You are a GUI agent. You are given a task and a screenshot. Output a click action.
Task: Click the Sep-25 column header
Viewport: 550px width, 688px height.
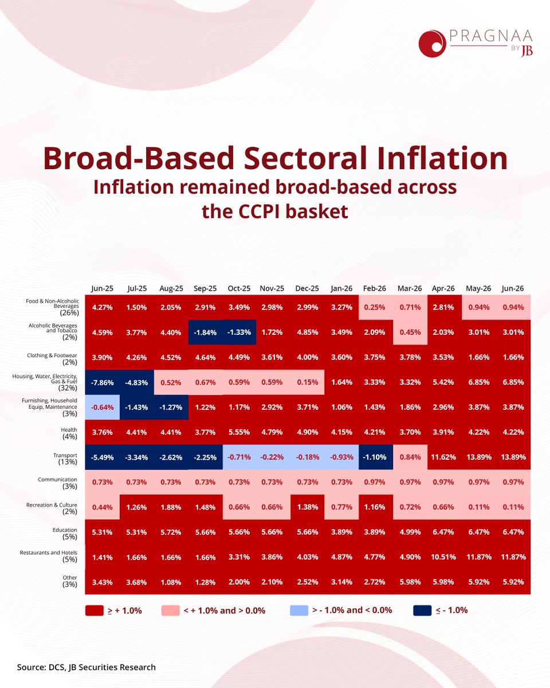click(x=205, y=288)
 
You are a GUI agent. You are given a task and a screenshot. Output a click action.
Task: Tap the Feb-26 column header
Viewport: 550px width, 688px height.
click(x=374, y=288)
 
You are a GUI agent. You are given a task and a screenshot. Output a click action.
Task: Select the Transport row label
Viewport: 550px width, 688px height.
click(x=65, y=458)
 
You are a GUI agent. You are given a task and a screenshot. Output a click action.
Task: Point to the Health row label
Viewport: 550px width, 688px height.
click(x=69, y=433)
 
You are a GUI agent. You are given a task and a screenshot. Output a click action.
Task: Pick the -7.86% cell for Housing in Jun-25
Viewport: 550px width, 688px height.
click(x=103, y=382)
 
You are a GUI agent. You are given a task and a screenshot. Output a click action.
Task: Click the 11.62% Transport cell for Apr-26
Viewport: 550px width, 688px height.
click(x=443, y=457)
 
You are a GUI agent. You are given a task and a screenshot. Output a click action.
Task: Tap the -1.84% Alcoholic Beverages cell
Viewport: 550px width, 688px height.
click(x=205, y=333)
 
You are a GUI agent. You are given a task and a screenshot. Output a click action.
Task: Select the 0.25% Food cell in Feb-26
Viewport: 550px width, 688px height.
click(x=374, y=307)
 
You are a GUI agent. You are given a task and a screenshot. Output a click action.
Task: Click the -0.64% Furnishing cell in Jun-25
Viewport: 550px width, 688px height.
click(x=103, y=407)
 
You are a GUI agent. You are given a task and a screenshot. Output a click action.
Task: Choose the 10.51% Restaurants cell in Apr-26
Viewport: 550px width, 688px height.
click(x=443, y=557)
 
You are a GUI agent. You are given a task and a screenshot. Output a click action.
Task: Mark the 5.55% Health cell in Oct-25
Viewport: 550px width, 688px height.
click(x=239, y=432)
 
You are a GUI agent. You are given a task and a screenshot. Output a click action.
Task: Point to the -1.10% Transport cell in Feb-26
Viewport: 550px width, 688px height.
click(x=374, y=457)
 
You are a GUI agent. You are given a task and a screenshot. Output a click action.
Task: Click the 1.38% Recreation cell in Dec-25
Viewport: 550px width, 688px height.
click(x=307, y=507)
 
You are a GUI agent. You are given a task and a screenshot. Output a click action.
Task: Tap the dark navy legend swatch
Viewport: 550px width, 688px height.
click(x=422, y=610)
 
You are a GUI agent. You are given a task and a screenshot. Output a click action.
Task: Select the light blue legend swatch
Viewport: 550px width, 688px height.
click(x=299, y=610)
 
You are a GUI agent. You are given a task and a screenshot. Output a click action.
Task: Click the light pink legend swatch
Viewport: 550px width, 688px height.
click(x=171, y=610)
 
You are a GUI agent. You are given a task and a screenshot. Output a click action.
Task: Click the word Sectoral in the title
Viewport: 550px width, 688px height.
click(x=305, y=158)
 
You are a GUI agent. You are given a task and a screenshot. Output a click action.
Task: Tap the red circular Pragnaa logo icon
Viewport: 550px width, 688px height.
click(x=432, y=44)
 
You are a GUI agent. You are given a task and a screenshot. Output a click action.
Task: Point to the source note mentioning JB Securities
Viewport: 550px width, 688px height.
click(x=87, y=667)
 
